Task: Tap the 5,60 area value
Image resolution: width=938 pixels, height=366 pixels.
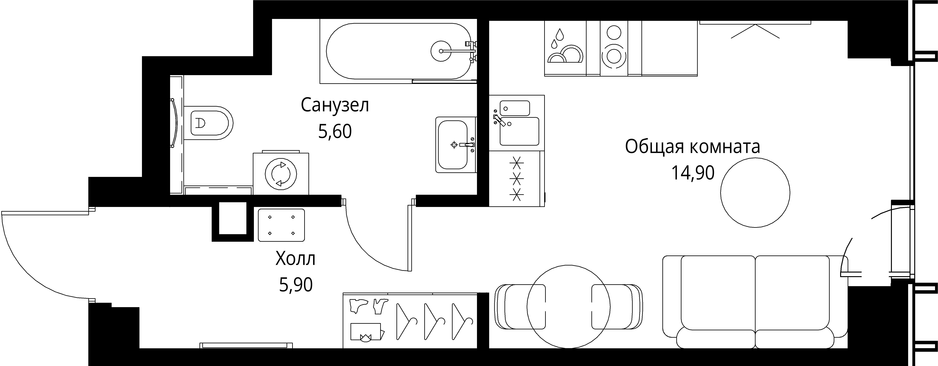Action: pos(335,132)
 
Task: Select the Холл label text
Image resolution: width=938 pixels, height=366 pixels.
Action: pos(295,259)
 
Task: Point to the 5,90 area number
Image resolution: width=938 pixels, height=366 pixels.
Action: pos(296,285)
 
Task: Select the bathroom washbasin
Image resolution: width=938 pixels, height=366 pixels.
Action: pos(453,145)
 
